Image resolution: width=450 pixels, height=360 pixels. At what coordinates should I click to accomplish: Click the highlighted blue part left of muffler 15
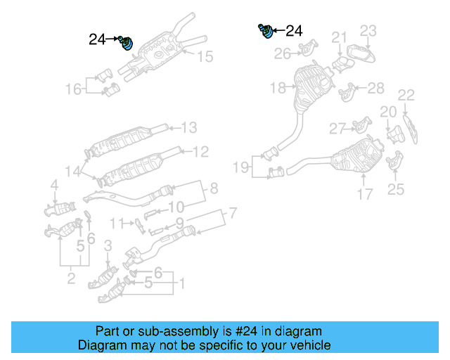pos(126,44)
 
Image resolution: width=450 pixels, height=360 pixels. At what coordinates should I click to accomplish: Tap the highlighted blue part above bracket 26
pos(266,32)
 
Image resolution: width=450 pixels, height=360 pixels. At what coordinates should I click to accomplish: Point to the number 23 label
pos(369,30)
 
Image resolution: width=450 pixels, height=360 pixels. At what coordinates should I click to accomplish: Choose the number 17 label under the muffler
pos(364,194)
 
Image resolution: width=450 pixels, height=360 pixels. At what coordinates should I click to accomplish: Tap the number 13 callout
pos(188,128)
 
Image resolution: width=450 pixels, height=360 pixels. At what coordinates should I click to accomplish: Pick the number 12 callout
pos(200,151)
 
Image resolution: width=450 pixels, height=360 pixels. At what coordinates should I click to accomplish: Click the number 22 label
pos(406,95)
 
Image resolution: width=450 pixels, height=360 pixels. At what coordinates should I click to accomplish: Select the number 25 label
pos(396,188)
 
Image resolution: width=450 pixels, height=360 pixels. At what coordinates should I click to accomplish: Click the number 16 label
pos(74,89)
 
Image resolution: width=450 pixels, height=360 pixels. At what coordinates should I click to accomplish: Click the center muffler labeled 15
pos(160,50)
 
